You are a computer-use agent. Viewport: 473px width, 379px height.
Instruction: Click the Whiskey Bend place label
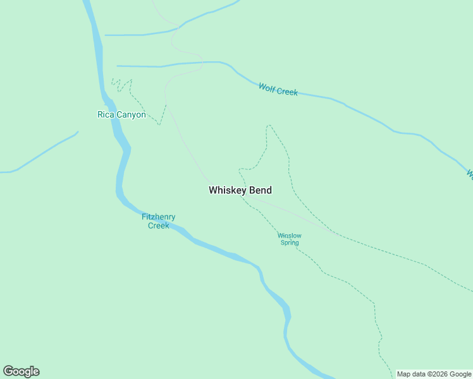click(240, 190)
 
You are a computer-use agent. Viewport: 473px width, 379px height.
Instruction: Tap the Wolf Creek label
click(278, 89)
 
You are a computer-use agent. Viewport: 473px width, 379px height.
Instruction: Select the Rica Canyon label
click(121, 115)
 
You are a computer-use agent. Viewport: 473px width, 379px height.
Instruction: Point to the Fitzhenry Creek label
click(158, 221)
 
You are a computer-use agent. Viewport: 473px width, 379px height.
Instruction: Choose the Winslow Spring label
click(288, 239)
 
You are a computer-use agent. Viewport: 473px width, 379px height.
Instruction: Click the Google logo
click(21, 371)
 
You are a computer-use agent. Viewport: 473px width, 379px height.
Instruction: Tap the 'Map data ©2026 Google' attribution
click(434, 374)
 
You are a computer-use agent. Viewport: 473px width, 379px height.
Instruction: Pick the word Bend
click(261, 190)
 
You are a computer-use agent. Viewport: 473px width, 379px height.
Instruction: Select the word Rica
click(104, 115)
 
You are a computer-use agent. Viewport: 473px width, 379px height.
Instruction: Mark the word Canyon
click(130, 115)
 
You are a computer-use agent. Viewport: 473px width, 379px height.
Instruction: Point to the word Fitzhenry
click(158, 217)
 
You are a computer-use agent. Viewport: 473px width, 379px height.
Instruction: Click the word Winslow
click(288, 236)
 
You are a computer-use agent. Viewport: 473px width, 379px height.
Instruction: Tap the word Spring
click(289, 243)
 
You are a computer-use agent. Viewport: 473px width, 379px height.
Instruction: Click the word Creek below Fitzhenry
click(158, 226)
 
